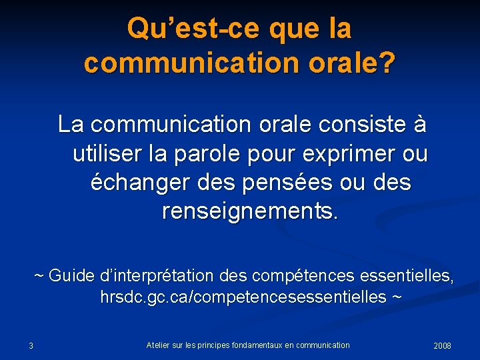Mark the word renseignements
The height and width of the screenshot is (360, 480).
[250, 212]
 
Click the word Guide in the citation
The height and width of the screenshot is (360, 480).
[71, 275]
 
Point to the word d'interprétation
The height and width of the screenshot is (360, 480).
[157, 275]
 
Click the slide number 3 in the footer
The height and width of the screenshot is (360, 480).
[31, 345]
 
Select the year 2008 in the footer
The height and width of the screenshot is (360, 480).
[442, 345]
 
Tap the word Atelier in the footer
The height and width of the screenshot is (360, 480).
[157, 345]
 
